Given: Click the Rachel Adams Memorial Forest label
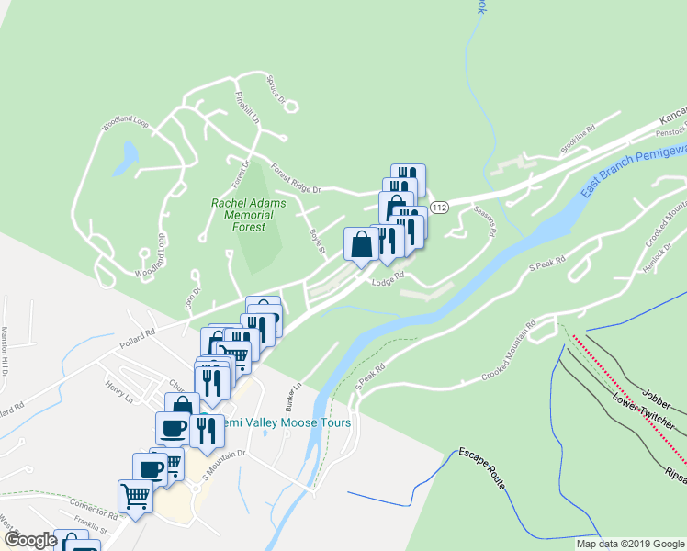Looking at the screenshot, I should [249, 215].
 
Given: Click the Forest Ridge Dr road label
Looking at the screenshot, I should [295, 178].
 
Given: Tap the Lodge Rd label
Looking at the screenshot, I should [388, 280].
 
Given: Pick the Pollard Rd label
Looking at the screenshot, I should [138, 334].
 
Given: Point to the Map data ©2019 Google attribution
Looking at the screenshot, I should [629, 544].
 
